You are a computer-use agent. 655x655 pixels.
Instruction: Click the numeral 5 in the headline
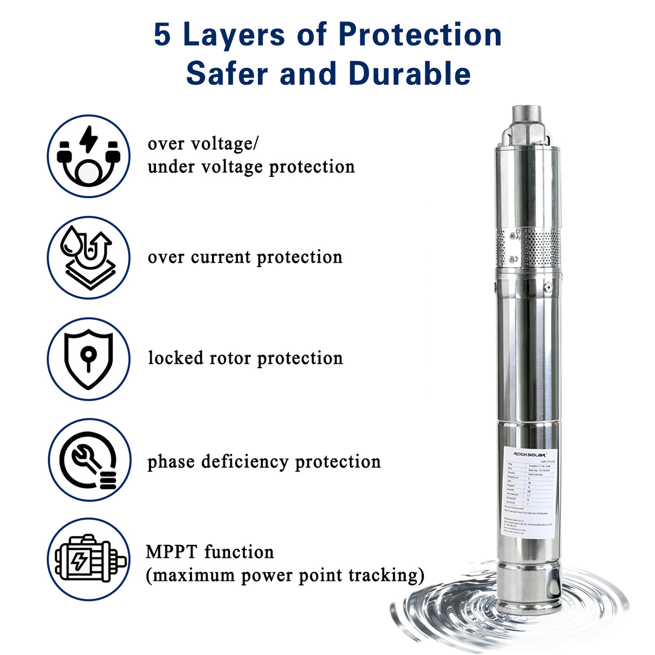pos(162,35)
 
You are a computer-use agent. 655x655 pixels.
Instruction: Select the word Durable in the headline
pos(410,74)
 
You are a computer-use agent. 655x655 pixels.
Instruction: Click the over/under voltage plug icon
pos(88,156)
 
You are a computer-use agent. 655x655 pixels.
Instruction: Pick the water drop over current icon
pos(88,258)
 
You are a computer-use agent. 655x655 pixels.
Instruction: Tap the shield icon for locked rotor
pos(88,359)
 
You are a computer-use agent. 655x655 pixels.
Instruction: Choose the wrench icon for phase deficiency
pos(88,460)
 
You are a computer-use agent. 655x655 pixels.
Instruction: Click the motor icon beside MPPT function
pos(88,560)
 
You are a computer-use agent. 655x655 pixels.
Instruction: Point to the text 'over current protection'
pos(245,257)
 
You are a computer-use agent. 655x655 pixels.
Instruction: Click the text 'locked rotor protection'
pos(245,358)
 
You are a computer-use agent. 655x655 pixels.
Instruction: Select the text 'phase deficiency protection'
pos(264,462)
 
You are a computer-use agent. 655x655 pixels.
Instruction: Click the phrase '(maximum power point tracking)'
pos(285,576)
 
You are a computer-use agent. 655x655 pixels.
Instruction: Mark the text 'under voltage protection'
pos(251,167)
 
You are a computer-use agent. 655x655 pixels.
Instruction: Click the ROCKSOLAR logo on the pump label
pos(529,454)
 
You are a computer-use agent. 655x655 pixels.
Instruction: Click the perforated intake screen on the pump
pos(540,247)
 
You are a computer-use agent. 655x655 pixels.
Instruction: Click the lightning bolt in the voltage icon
pos(88,139)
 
